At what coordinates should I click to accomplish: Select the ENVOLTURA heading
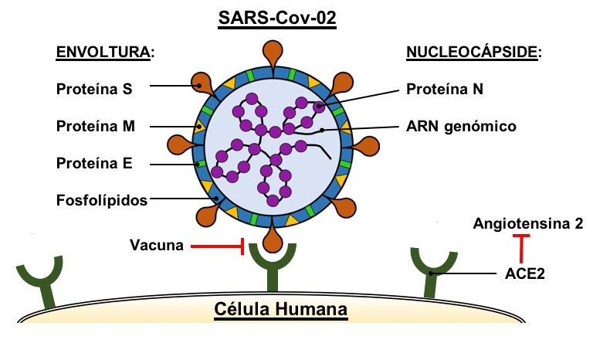pos(105,53)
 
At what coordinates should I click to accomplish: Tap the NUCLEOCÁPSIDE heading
pos(473,53)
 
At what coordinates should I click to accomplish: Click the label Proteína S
pos(94,89)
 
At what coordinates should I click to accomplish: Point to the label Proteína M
pos(95,126)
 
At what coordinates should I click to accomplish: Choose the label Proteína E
pos(94,163)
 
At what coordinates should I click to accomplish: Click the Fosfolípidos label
pos(102,200)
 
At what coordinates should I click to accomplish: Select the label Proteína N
pos(445,89)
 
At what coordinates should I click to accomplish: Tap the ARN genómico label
pos(460,126)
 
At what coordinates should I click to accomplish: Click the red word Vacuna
pos(158,246)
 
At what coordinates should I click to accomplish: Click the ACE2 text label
pos(524,273)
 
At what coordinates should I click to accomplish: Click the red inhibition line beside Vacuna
pos(218,247)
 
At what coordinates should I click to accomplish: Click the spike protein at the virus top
pos(275,53)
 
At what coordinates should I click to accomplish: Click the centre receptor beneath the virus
pos(275,274)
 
